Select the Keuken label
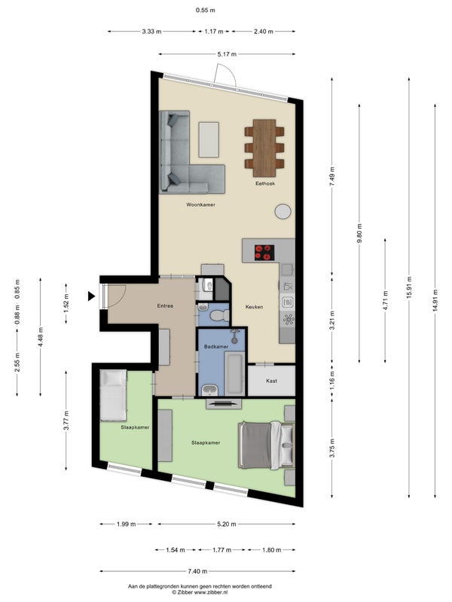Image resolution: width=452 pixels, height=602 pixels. (x=253, y=306)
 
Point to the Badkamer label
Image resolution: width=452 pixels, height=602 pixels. (x=215, y=346)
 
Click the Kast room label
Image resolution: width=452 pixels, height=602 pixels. (x=271, y=381)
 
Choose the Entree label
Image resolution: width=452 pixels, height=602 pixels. (x=165, y=306)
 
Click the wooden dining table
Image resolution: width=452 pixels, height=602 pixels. (x=264, y=143)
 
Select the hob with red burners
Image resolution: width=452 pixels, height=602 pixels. (x=264, y=251)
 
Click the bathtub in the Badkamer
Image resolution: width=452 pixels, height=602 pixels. (x=234, y=374)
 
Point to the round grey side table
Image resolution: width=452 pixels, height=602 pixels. (x=283, y=211)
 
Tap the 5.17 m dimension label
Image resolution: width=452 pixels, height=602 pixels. (x=227, y=54)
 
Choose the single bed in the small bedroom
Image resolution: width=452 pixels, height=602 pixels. (x=115, y=394)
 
